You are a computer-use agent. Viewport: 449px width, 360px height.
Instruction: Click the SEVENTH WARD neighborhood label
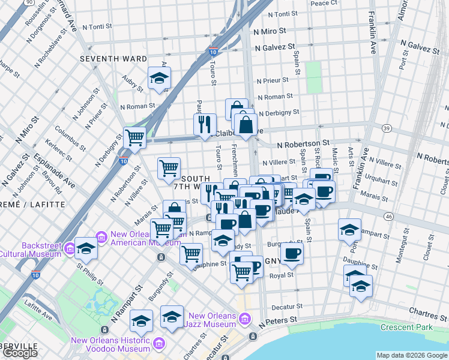point(114,59)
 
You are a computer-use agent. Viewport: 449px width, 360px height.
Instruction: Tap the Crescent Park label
point(406,327)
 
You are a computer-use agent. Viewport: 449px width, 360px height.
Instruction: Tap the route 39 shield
point(387,128)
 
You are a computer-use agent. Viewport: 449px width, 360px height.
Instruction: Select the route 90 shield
point(29,2)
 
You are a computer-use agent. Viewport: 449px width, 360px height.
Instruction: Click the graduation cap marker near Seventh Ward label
point(160,79)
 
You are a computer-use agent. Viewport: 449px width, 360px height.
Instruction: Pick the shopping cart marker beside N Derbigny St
point(134,137)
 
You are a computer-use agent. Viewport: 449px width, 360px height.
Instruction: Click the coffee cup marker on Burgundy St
point(292,253)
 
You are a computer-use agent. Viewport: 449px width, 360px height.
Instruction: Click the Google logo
point(20,353)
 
